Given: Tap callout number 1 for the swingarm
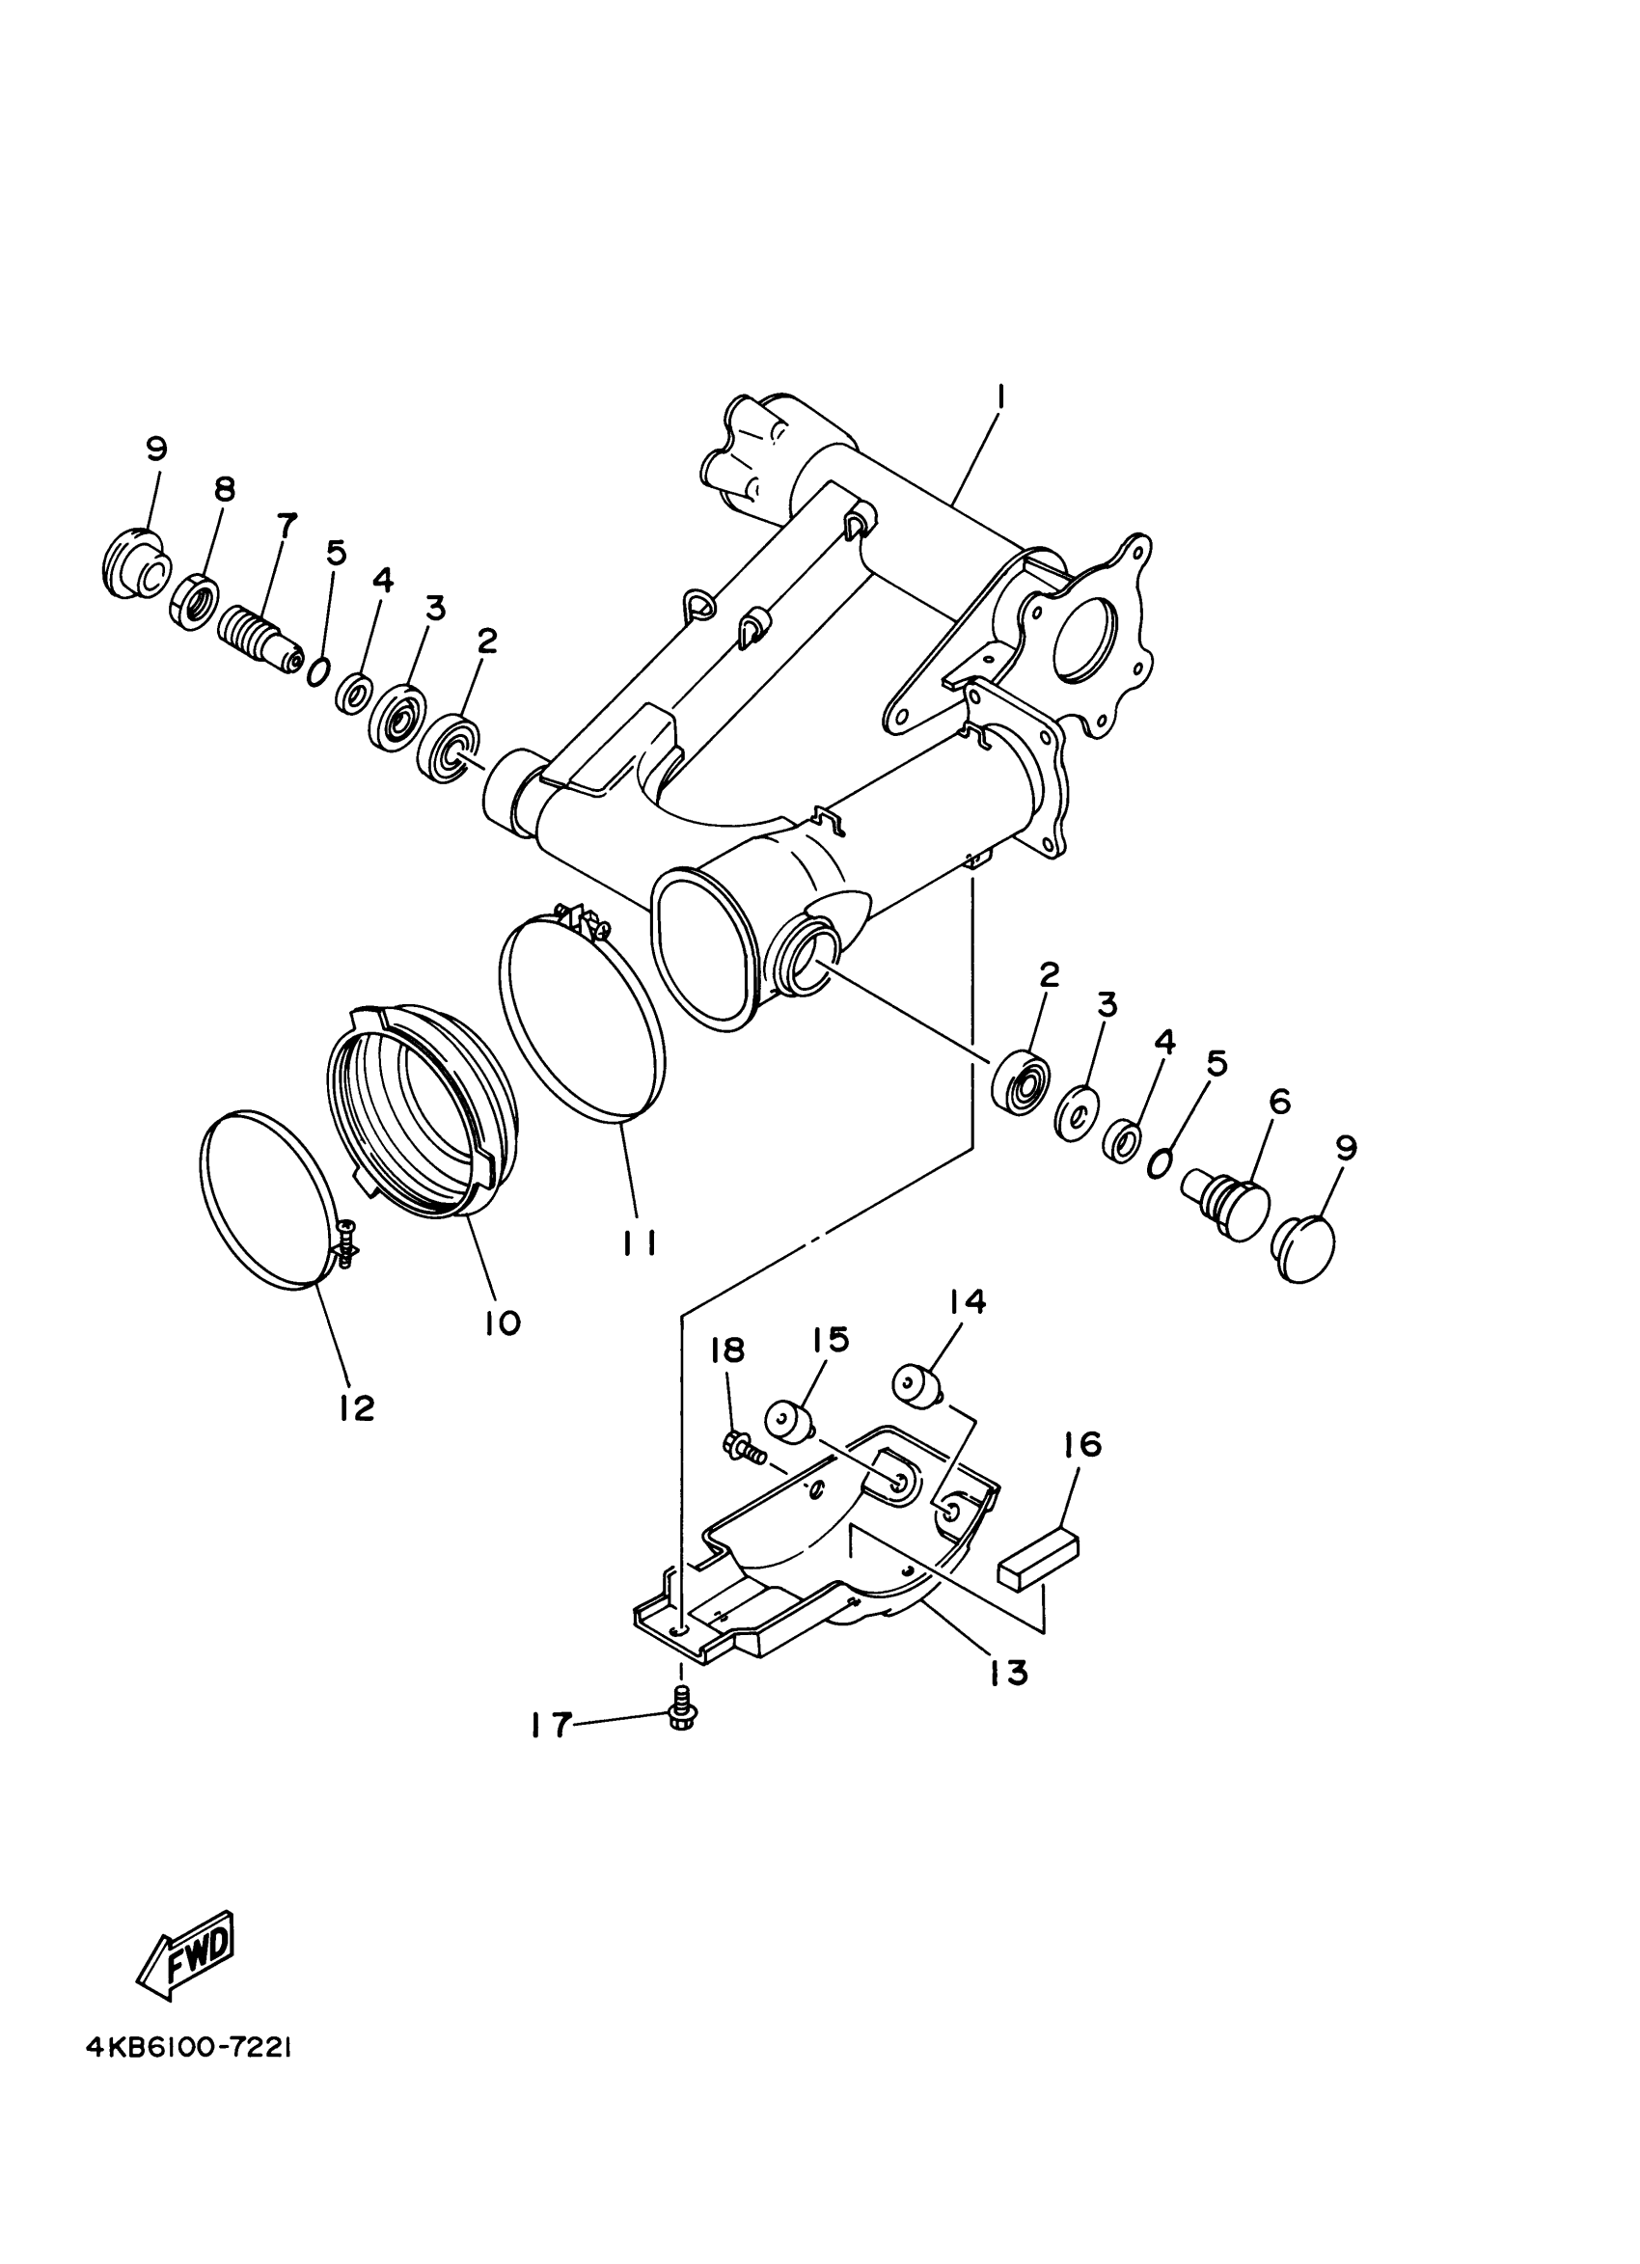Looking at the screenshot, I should pyautogui.click(x=1001, y=398).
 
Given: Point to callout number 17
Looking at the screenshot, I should pyautogui.click(x=550, y=1724).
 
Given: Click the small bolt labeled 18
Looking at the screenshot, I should pyautogui.click(x=741, y=1446).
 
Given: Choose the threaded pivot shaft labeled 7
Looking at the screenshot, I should pyautogui.click(x=261, y=633).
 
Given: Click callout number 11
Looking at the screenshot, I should pyautogui.click(x=638, y=1242).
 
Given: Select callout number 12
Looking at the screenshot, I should pyautogui.click(x=355, y=1407).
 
